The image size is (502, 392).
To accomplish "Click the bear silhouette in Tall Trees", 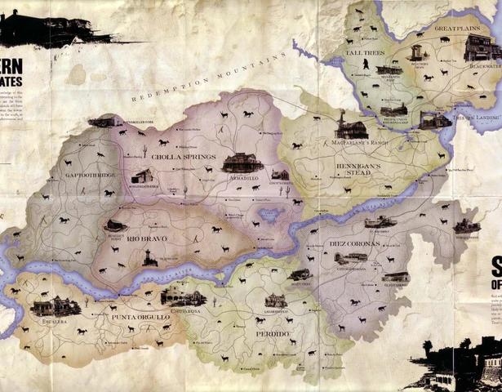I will [368, 64].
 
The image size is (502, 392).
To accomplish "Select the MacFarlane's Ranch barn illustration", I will [351, 127].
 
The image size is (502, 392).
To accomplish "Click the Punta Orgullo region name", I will [140, 316].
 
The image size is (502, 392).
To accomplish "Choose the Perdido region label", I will [273, 334].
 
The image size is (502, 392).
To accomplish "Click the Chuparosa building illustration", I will [183, 296].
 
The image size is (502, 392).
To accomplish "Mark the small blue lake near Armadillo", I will [269, 216].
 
